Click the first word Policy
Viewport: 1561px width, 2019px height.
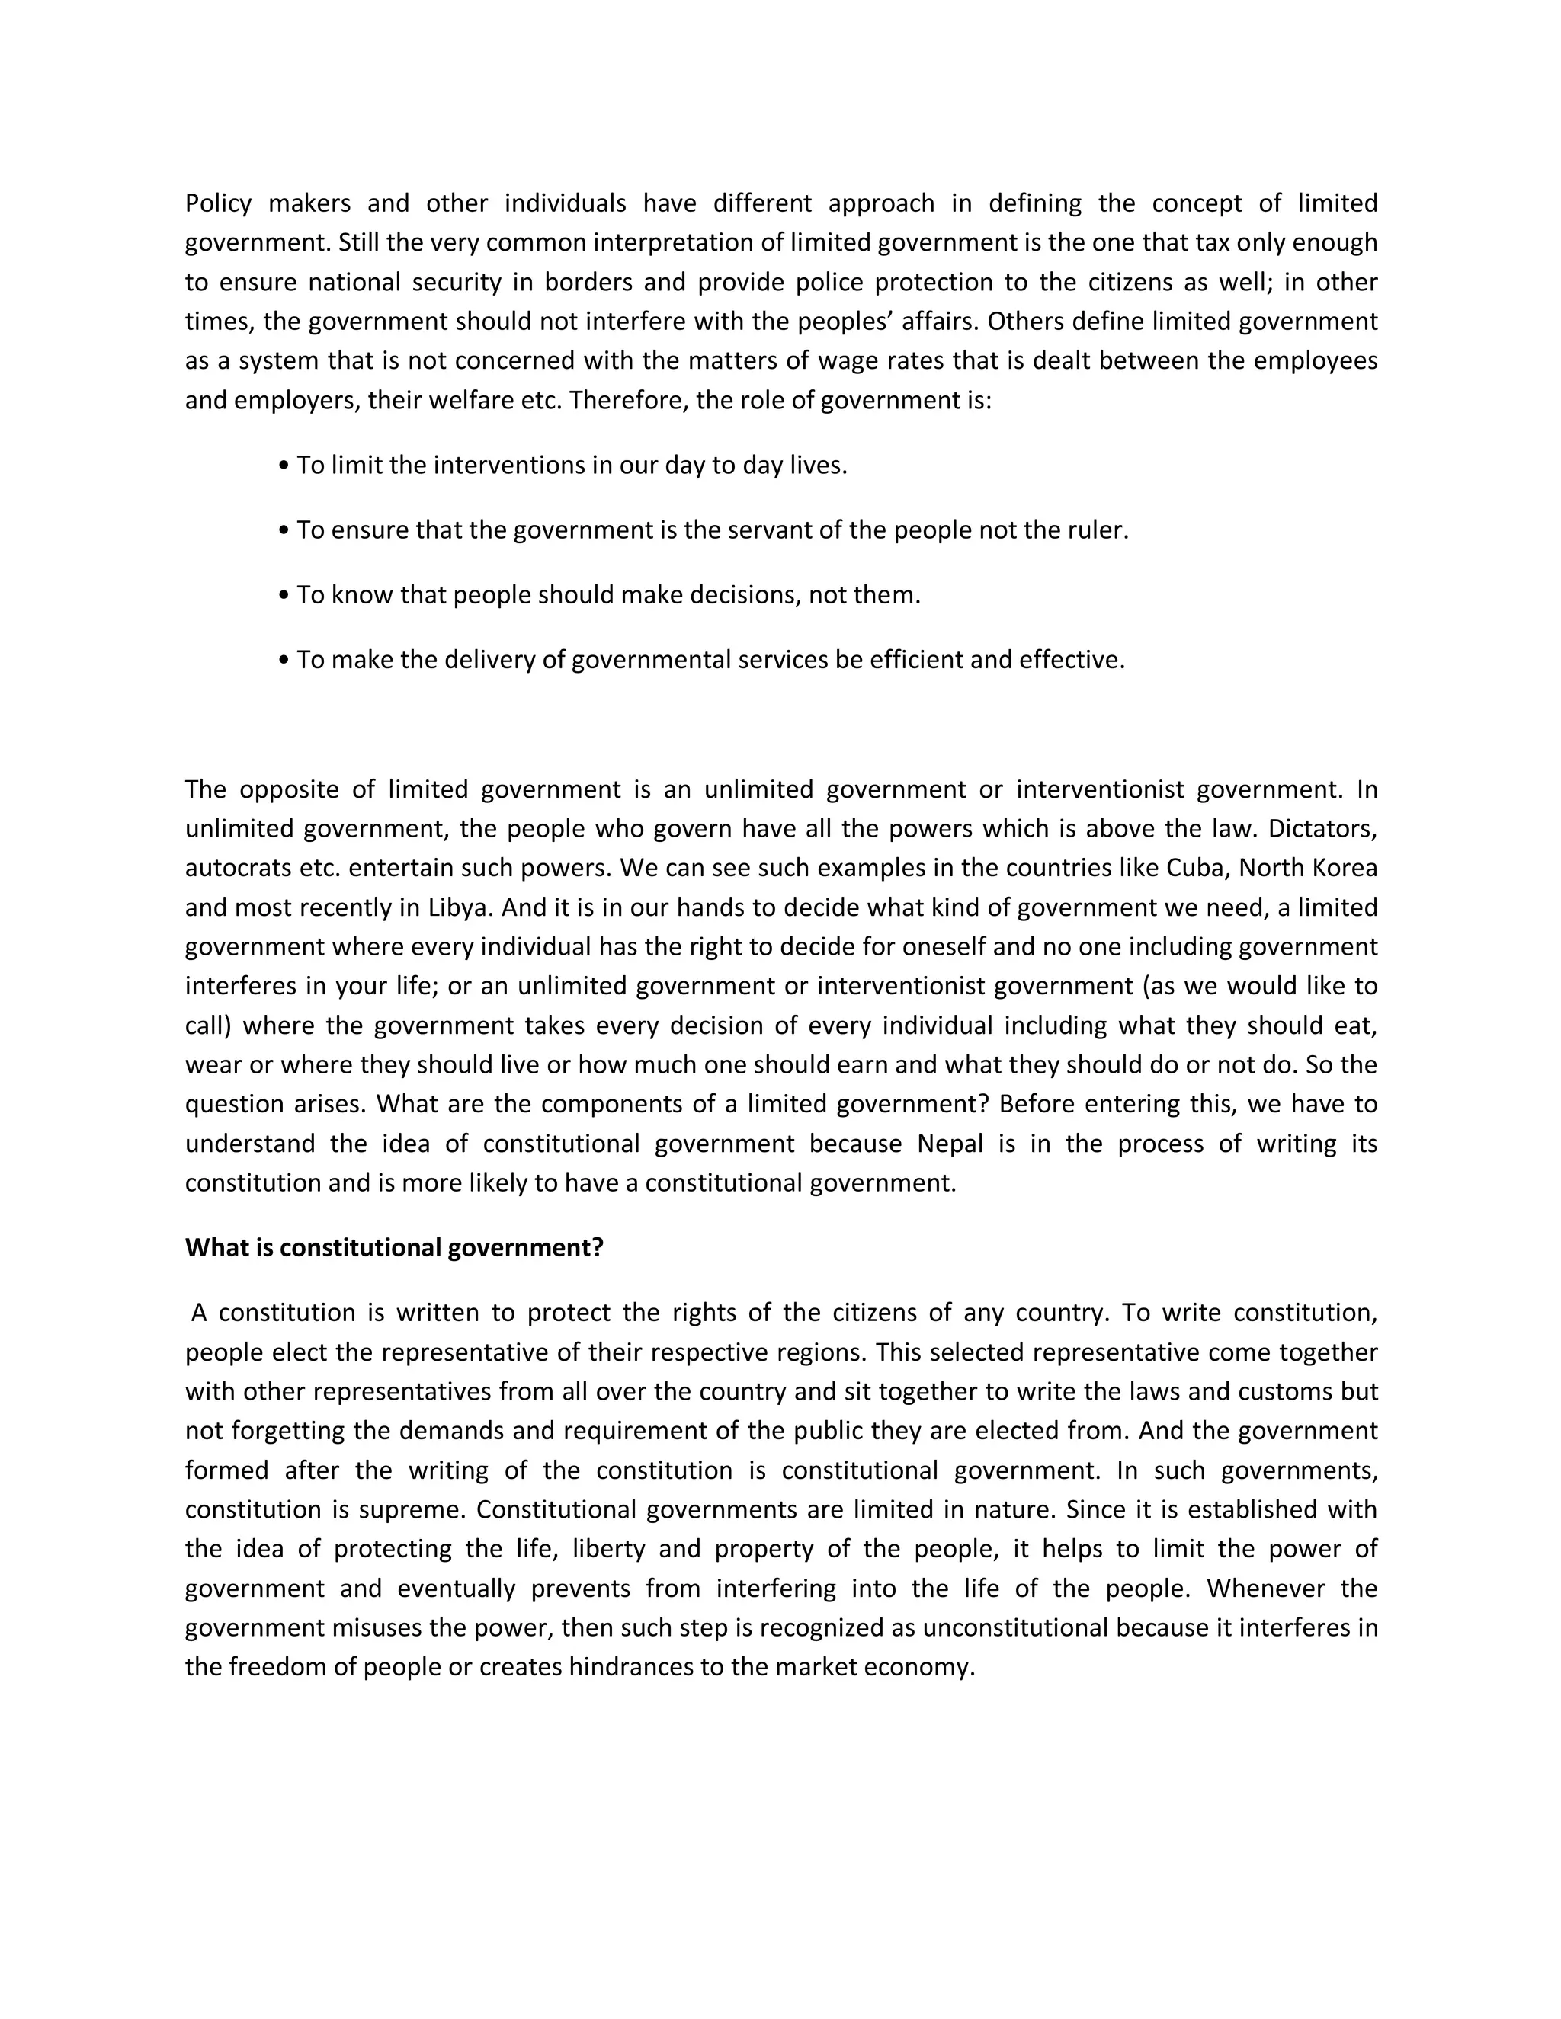218,203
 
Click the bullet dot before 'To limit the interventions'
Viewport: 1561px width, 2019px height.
284,465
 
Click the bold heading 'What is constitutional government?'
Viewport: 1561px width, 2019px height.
394,1248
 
